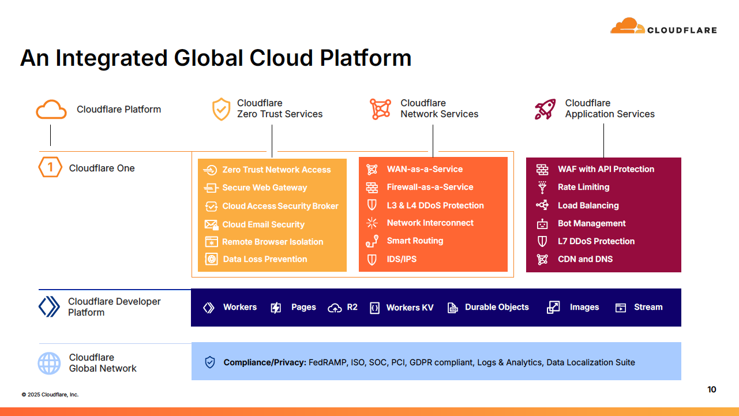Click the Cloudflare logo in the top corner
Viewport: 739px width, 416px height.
[x=663, y=27]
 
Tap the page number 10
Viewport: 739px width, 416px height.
[x=711, y=389]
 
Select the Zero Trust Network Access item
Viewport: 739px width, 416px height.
[x=276, y=170]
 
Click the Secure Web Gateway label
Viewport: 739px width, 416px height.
[x=264, y=188]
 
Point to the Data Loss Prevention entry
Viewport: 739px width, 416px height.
[x=265, y=259]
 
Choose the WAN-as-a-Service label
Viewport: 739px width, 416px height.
[x=425, y=169]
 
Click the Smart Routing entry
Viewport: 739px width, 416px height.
[x=415, y=241]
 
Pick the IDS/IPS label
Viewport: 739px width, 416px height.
[x=402, y=259]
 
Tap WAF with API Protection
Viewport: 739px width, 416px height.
[x=606, y=169]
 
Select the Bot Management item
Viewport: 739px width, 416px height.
[x=591, y=223]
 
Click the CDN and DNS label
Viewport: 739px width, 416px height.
[x=585, y=259]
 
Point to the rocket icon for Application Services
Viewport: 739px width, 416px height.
[x=545, y=109]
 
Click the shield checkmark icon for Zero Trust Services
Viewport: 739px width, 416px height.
[x=221, y=109]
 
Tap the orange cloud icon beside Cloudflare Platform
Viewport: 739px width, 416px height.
[x=51, y=109]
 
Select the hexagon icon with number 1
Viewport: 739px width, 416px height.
[x=50, y=168]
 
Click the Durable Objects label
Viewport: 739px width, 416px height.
[x=497, y=307]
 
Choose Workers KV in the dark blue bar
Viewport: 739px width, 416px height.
[x=410, y=308]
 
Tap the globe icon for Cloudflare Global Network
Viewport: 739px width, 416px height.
[x=49, y=363]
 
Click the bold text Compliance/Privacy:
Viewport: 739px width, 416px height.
[x=264, y=362]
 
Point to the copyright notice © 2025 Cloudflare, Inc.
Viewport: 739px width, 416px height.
[x=50, y=395]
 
